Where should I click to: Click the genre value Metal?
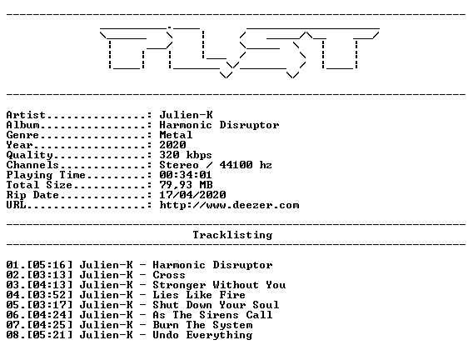[x=176, y=135]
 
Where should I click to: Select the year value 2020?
[x=172, y=144]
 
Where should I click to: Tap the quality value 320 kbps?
[x=186, y=155]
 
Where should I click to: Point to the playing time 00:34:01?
[x=186, y=175]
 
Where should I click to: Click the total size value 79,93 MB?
[x=186, y=185]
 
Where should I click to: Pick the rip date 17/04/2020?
[x=192, y=195]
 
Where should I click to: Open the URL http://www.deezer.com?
[x=229, y=205]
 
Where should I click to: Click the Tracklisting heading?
[x=232, y=235]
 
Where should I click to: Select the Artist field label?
[x=26, y=115]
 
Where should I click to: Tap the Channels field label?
[x=32, y=165]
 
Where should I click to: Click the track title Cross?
[x=169, y=275]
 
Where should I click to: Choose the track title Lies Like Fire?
[x=199, y=295]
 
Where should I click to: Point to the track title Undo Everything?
[x=202, y=335]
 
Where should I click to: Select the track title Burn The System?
[x=202, y=325]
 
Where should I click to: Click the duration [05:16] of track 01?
[x=50, y=265]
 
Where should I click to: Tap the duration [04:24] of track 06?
[x=50, y=315]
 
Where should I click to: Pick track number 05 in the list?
[x=12, y=305]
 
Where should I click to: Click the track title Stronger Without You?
[x=219, y=285]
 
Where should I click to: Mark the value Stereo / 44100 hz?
[x=216, y=165]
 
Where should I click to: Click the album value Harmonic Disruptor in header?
[x=219, y=125]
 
